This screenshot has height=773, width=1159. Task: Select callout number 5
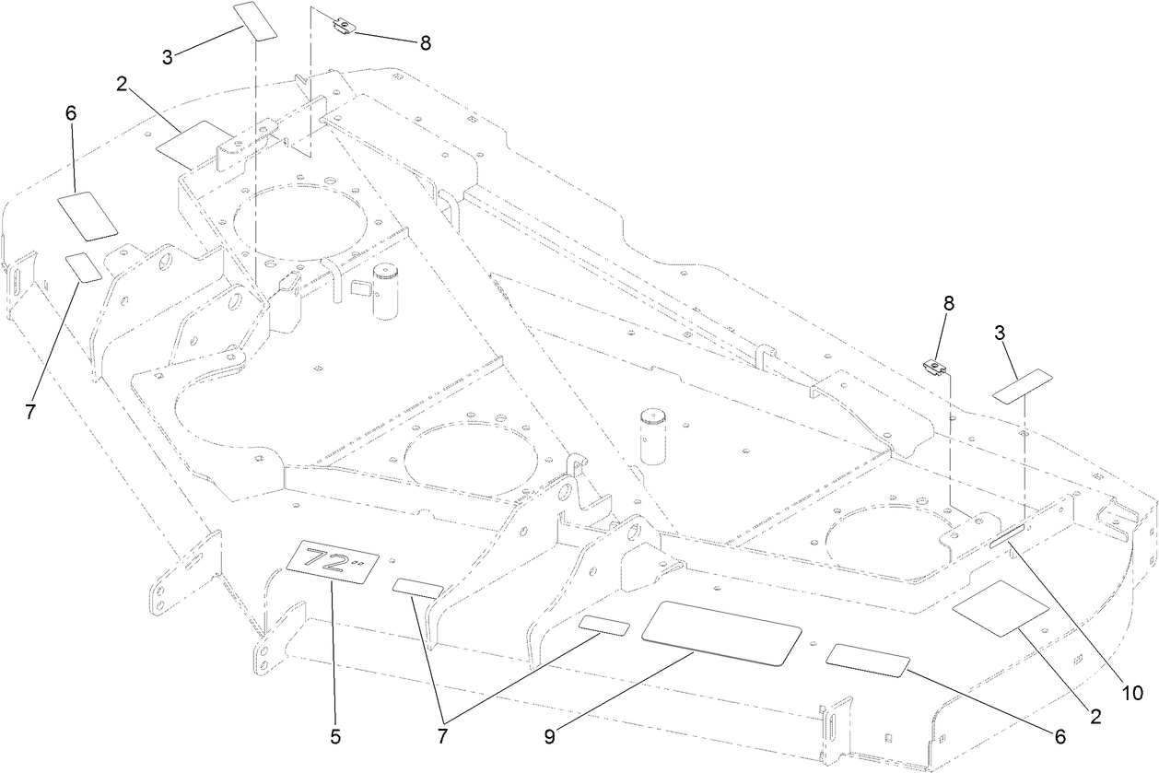click(335, 736)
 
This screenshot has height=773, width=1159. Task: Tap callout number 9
click(550, 736)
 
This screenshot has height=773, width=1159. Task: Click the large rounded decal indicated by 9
click(720, 631)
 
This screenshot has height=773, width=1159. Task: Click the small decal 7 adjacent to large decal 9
click(604, 627)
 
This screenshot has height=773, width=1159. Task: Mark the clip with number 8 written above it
click(937, 369)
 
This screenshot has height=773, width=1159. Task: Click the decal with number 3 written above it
click(1021, 384)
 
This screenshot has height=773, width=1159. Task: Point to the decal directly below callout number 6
click(88, 215)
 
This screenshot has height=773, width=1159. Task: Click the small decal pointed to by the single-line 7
click(84, 267)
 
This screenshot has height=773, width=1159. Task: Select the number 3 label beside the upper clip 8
click(167, 56)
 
